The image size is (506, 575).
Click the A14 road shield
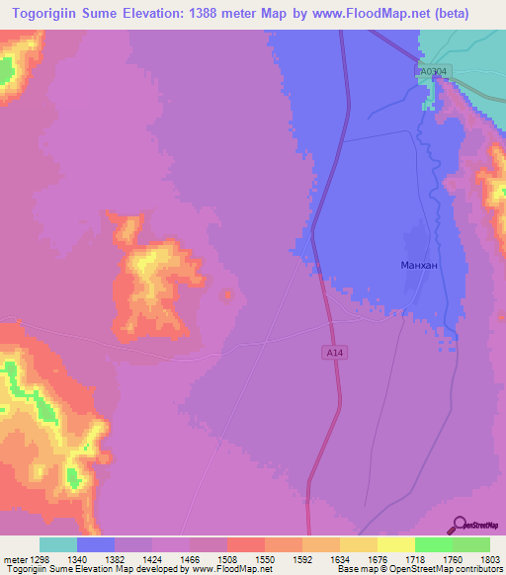click(x=336, y=352)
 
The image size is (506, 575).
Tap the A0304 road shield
click(x=431, y=71)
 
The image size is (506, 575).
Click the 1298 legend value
click(x=39, y=559)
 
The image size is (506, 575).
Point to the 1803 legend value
click(x=489, y=559)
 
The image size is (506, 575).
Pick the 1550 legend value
click(x=264, y=559)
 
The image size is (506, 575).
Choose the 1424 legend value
click(x=151, y=559)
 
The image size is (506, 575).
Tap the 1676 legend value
click(x=377, y=559)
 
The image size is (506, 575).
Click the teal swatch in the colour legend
click(x=57, y=544)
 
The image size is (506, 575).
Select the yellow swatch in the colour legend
click(x=395, y=544)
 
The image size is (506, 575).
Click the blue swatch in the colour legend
click(x=95, y=544)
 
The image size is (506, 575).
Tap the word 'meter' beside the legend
click(x=14, y=559)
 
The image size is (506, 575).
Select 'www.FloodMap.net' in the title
click(x=379, y=14)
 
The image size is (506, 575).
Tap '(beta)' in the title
click(x=452, y=14)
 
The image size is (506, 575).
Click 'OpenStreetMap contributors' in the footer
click(x=446, y=569)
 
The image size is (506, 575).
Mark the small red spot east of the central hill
click(x=228, y=293)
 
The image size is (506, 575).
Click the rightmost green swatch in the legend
click(x=470, y=544)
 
